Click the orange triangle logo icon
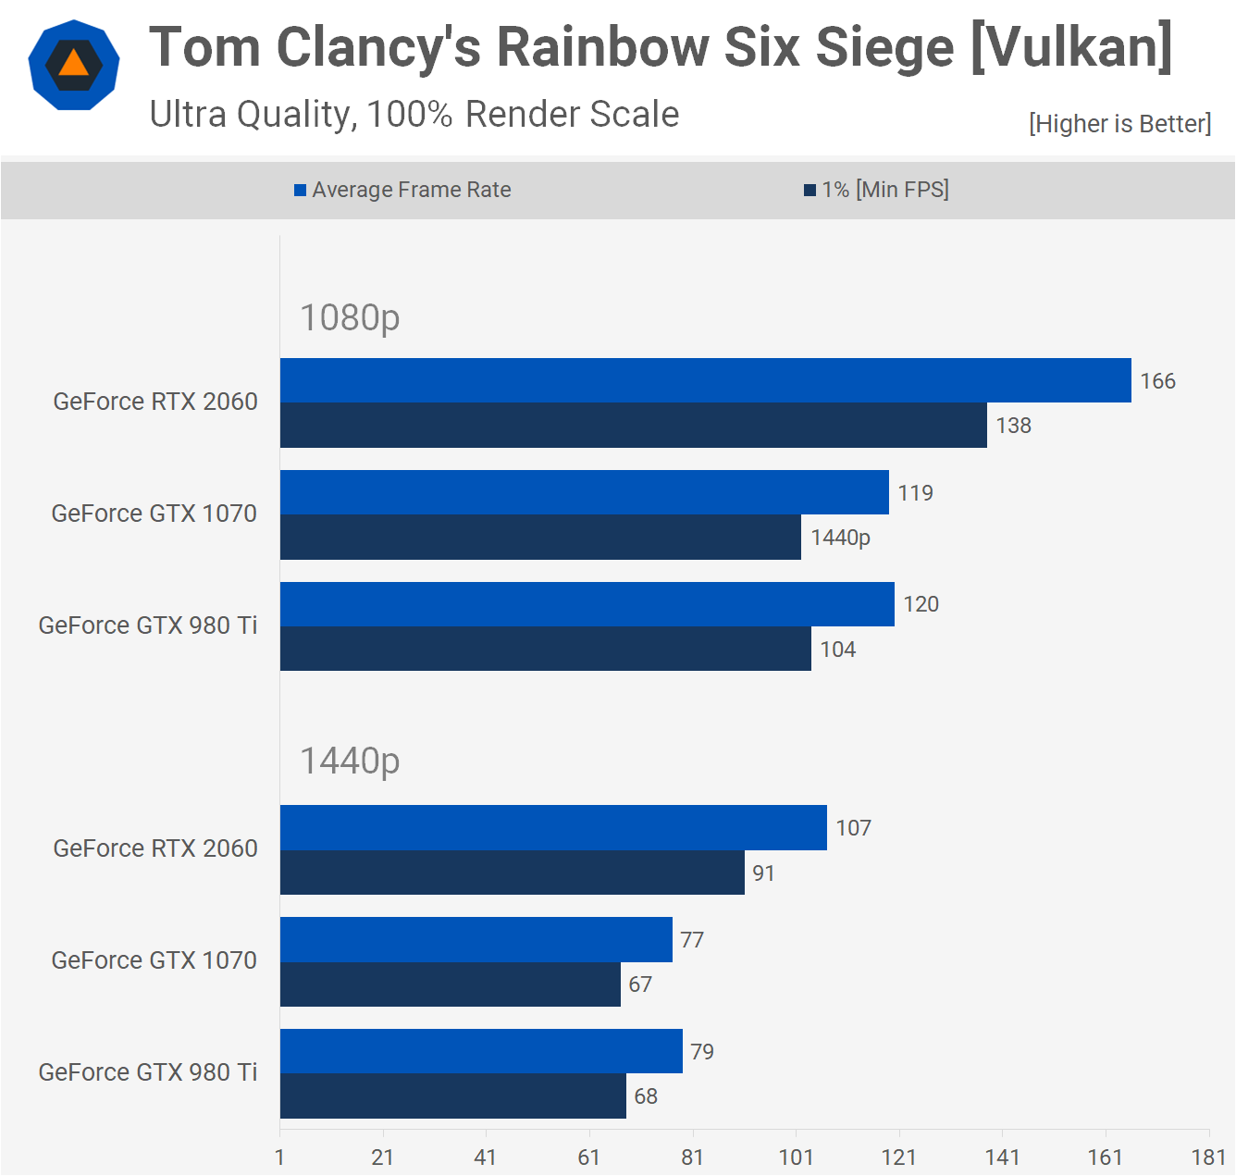click(x=74, y=64)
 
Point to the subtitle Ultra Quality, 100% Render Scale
click(x=414, y=115)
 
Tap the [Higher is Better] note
click(x=1119, y=124)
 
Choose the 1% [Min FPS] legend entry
click(x=876, y=190)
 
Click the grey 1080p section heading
click(x=350, y=317)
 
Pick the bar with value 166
click(x=705, y=380)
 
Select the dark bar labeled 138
click(x=633, y=426)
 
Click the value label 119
click(x=915, y=493)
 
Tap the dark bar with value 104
click(x=545, y=649)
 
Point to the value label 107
click(x=853, y=828)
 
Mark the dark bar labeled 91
click(x=512, y=873)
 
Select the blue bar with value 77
click(x=476, y=940)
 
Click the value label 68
click(x=646, y=1096)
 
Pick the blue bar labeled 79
click(x=481, y=1051)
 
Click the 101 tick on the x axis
click(x=796, y=1157)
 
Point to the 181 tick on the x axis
click(x=1208, y=1157)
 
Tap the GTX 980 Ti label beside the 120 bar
click(x=148, y=625)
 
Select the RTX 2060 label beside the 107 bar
click(x=155, y=848)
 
